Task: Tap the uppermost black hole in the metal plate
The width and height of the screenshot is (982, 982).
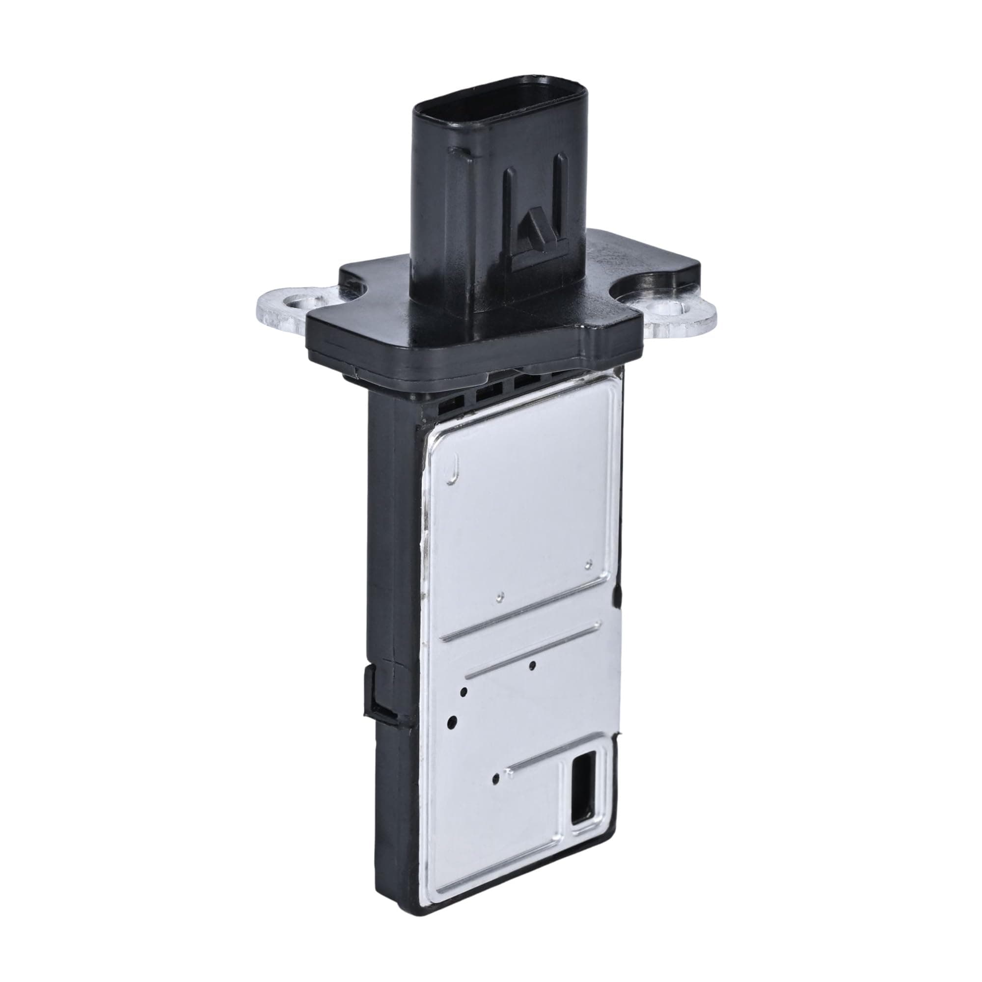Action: click(x=532, y=665)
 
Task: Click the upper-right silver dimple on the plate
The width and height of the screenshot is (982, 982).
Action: click(x=589, y=563)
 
